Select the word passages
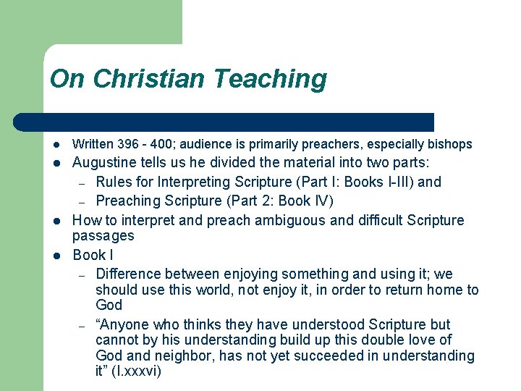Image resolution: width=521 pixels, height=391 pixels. [x=103, y=236]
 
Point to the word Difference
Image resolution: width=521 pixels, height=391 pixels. [x=128, y=274]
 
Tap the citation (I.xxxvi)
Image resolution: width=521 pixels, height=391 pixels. [x=137, y=371]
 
